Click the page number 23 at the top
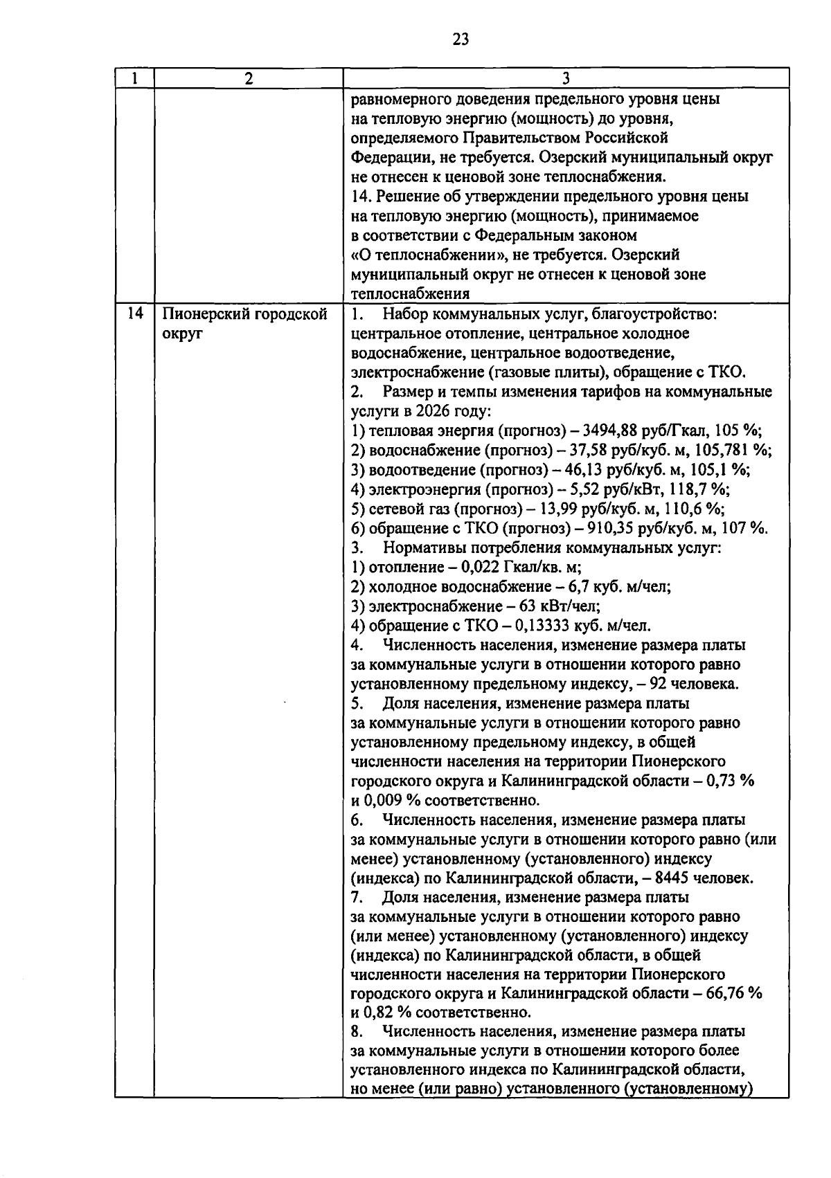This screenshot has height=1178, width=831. click(x=461, y=39)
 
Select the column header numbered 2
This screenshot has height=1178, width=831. click(x=249, y=78)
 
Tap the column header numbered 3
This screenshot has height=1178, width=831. click(x=566, y=78)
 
